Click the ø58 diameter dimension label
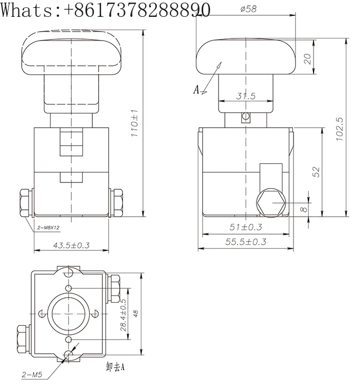[248, 9]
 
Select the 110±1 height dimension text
[135, 123]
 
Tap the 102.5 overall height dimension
[339, 129]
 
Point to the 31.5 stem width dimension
[245, 96]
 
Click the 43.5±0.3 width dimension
[71, 245]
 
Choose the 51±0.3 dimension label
[245, 227]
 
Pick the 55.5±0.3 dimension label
[245, 241]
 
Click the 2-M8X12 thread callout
[49, 228]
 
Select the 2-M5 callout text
[32, 375]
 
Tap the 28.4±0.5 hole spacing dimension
[123, 315]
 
